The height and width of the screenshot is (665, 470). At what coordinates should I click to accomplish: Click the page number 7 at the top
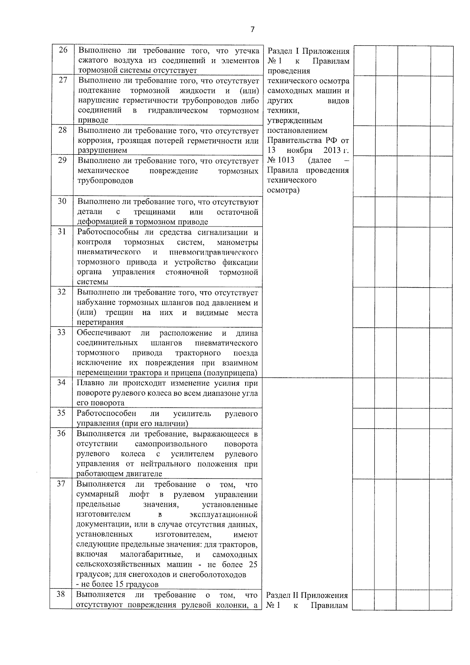click(253, 29)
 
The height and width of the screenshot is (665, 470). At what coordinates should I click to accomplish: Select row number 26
click(63, 50)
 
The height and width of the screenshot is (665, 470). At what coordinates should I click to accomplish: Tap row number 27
click(63, 80)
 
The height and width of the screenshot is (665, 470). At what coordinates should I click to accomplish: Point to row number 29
click(62, 160)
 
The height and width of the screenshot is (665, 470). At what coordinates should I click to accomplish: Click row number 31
click(62, 231)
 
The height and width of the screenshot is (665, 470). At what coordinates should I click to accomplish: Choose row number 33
click(61, 332)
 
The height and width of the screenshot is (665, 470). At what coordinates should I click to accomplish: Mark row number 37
click(61, 484)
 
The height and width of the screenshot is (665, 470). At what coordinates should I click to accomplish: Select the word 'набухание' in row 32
click(95, 303)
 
